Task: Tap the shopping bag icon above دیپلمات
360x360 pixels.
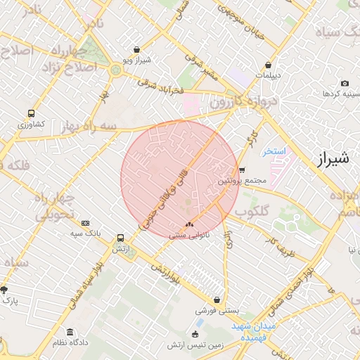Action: pyautogui.click(x=268, y=64)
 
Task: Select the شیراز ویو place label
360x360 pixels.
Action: pyautogui.click(x=151, y=61)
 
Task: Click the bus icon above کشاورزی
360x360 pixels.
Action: pyautogui.click(x=31, y=113)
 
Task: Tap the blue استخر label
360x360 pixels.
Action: pyautogui.click(x=274, y=152)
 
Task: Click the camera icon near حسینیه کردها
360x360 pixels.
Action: pyautogui.click(x=345, y=84)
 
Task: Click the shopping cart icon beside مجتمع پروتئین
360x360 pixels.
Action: pyautogui.click(x=242, y=169)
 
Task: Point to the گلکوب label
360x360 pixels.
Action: pyautogui.click(x=251, y=210)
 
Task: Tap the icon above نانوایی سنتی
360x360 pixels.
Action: pyautogui.click(x=188, y=224)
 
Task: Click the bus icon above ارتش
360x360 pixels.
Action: pyautogui.click(x=120, y=238)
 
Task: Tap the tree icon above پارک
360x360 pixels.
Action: pyautogui.click(x=4, y=289)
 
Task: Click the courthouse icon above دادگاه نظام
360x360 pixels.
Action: pyautogui.click(x=69, y=332)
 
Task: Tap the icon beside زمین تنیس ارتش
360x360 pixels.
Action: pyautogui.click(x=195, y=333)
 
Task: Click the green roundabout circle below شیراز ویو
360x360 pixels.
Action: pyautogui.click(x=115, y=70)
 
